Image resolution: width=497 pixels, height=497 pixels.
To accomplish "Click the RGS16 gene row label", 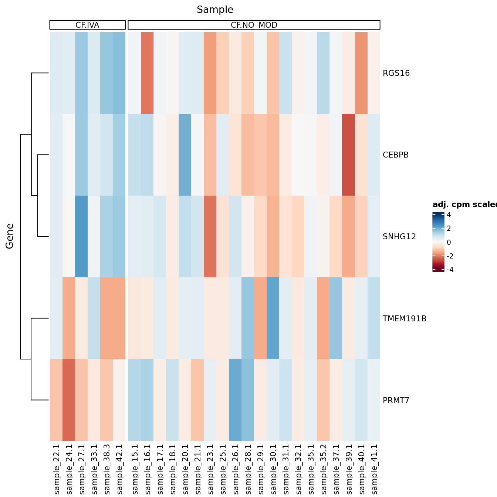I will pos(396,73).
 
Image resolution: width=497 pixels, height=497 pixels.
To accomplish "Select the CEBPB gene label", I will pos(396,155).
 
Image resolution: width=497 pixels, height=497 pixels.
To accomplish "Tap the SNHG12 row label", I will pos(399,237).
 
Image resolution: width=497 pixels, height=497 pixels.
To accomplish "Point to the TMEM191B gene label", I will pos(404,318).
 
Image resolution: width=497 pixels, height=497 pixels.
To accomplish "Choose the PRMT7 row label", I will pos(396,400).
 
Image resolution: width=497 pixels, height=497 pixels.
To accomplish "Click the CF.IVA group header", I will pos(87,25).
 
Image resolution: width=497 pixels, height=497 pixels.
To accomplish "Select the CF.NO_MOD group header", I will pos(254,25).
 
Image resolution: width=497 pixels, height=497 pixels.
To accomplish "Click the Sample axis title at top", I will pos(215,10).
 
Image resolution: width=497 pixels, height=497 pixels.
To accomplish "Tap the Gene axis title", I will pos(10,236).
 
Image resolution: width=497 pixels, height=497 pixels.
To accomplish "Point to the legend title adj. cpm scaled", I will pos(464,205).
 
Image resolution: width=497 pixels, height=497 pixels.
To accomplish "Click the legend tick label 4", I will pos(449,215).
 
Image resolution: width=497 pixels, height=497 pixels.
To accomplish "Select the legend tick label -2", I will pos(450,256).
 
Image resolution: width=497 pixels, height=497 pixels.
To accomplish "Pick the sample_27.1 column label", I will pos(82,469).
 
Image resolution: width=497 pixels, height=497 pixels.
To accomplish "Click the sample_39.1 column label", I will pos(349,469).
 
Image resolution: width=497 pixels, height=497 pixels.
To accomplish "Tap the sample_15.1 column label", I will pos(135,469).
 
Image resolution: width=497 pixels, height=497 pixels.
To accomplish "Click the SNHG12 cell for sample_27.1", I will pos(81,237).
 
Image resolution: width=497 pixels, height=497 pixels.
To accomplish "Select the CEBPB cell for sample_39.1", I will pos(348,155).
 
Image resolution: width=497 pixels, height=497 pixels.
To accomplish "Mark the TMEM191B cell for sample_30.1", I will pos(272,318).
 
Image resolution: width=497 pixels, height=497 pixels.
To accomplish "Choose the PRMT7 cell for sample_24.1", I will pos(69,400).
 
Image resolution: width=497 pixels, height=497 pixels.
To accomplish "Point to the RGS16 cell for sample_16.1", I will pos(147,73).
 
